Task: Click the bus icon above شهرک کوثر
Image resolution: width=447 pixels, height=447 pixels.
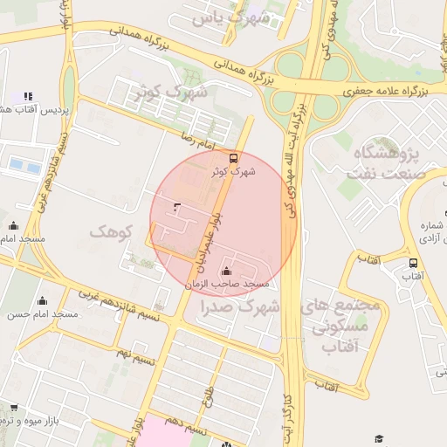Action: coord(233,158)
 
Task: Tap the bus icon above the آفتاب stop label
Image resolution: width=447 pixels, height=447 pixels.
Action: coord(413,262)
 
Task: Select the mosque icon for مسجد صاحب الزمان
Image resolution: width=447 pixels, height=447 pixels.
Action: coord(228,271)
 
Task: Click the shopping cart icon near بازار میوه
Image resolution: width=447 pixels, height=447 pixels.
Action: coord(13,407)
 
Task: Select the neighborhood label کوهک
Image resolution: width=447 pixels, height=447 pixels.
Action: coord(110,231)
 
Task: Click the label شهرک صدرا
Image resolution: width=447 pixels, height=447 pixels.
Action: coord(237,306)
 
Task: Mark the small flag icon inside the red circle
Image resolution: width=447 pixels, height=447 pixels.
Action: coord(178,207)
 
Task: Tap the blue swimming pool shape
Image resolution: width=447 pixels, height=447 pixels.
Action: coord(24,163)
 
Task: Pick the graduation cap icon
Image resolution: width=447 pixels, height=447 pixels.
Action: coord(379,438)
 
